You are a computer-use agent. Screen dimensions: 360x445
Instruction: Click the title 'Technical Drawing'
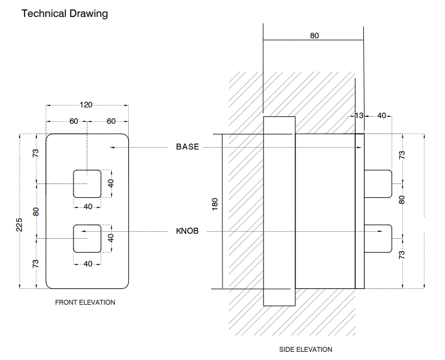click(65, 13)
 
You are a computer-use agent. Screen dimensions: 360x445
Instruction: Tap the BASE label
click(187, 147)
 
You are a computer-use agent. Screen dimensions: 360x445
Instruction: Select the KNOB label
click(187, 231)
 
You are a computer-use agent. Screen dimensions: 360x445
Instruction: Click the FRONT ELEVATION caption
click(85, 302)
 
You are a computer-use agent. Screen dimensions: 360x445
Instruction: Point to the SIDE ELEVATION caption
click(305, 349)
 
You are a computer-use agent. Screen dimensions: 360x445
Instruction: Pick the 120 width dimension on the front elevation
click(87, 105)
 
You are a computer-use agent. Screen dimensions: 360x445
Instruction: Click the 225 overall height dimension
click(19, 224)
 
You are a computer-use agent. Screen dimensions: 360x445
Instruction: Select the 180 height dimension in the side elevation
click(215, 204)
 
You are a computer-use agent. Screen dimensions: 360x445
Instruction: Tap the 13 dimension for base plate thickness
click(359, 116)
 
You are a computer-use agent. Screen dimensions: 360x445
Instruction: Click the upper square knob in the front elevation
click(87, 183)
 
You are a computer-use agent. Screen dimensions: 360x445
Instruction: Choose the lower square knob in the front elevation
click(87, 238)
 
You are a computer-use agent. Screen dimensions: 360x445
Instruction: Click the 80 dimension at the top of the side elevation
click(314, 36)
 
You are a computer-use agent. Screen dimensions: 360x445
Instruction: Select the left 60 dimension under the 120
click(74, 121)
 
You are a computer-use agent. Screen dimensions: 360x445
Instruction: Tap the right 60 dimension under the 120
click(111, 121)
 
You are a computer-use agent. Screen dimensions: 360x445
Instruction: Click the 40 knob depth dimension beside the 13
click(382, 116)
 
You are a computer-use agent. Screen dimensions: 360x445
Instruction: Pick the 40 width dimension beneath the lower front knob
click(87, 263)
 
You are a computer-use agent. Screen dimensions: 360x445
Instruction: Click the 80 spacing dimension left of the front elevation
click(36, 211)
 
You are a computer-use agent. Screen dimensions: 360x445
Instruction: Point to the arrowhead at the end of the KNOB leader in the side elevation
click(380, 231)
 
